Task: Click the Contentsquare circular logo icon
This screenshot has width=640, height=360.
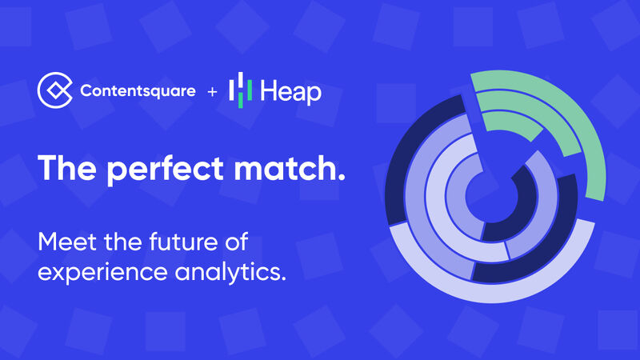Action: coord(55,90)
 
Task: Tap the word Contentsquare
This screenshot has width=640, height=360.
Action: coord(138,91)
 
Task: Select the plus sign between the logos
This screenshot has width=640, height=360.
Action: coord(212,92)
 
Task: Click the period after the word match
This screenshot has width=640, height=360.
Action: coord(342,178)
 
